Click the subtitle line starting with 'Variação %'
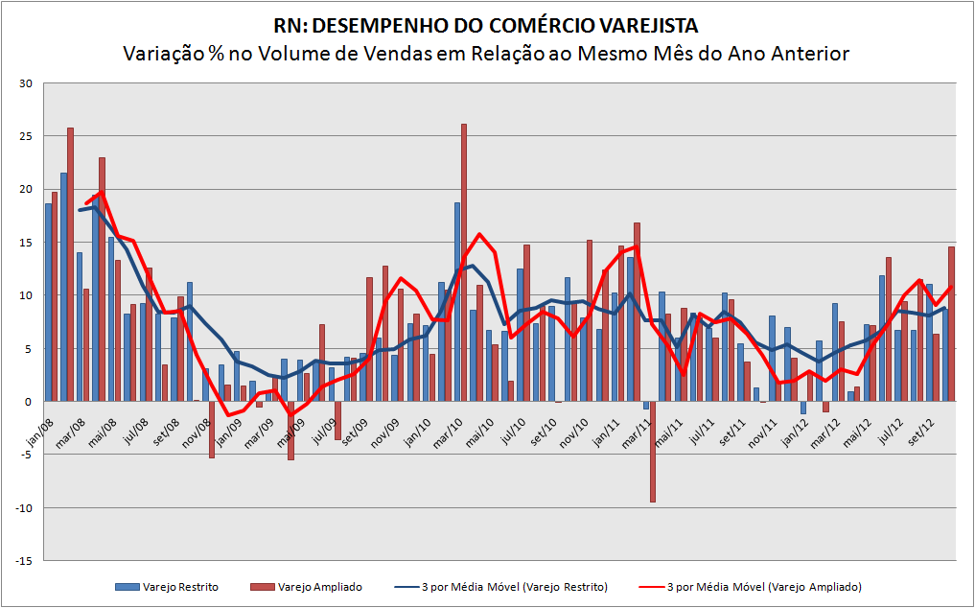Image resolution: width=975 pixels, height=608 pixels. [x=486, y=53]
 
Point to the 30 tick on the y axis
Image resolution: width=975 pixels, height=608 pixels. [x=26, y=83]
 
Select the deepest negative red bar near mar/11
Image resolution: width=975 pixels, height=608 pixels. [x=653, y=451]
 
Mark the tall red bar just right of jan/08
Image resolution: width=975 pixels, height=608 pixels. [x=70, y=264]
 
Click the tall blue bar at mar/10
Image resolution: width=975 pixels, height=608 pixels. [x=457, y=302]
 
